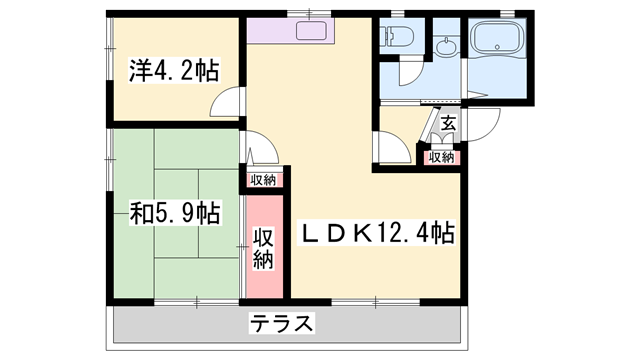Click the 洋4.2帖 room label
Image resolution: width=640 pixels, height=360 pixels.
[x=173, y=71]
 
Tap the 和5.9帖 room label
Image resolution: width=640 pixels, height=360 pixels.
[x=174, y=213]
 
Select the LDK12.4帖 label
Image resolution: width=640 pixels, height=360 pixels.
[x=380, y=234]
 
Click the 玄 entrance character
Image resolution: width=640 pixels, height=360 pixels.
[x=449, y=124]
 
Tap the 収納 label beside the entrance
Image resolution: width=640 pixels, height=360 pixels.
[x=441, y=157]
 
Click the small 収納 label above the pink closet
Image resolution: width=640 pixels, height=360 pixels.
[x=263, y=179]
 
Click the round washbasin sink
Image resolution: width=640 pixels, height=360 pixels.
[x=444, y=45]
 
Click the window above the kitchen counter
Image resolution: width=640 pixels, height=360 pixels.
[x=310, y=14]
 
